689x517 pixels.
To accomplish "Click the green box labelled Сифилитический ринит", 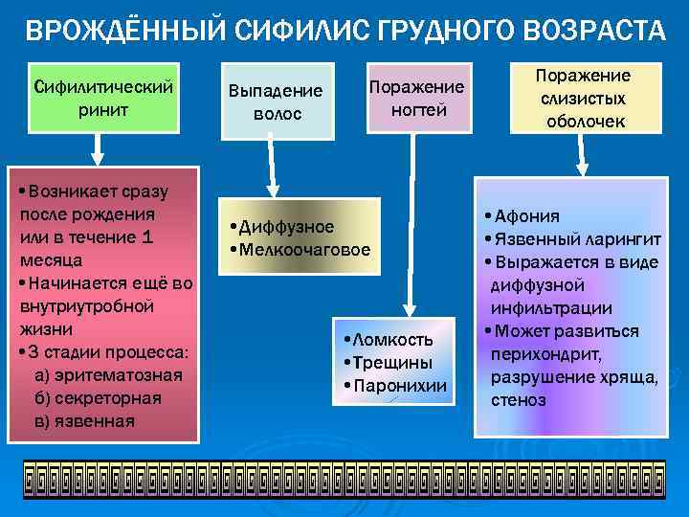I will (x=103, y=97).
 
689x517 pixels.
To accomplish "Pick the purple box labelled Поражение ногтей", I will (x=416, y=99).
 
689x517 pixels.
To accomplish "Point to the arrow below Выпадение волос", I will (x=274, y=168).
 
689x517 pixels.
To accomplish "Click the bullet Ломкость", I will (x=392, y=340).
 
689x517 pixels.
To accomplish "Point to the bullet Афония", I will (x=527, y=215).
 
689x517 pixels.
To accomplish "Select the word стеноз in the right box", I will (x=518, y=399).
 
